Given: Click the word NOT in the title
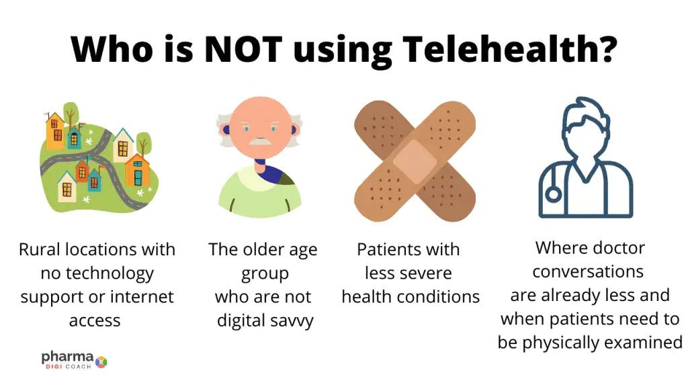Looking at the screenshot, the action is click(x=243, y=49).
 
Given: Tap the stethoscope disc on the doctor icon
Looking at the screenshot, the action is click(x=554, y=194).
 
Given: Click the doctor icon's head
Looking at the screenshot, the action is click(x=586, y=127).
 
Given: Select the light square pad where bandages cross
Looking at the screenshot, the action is click(x=415, y=161).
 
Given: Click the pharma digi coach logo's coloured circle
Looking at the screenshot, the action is click(x=101, y=362).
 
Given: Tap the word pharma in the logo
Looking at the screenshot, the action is click(x=68, y=357).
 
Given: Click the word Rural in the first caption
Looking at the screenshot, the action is click(x=40, y=249).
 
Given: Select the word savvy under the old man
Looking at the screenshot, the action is click(x=292, y=321).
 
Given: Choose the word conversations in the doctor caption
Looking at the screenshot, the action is click(x=588, y=271).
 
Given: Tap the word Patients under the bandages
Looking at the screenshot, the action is click(x=385, y=249).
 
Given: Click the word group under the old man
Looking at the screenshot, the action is click(x=265, y=274).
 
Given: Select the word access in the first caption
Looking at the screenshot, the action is click(x=95, y=321).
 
